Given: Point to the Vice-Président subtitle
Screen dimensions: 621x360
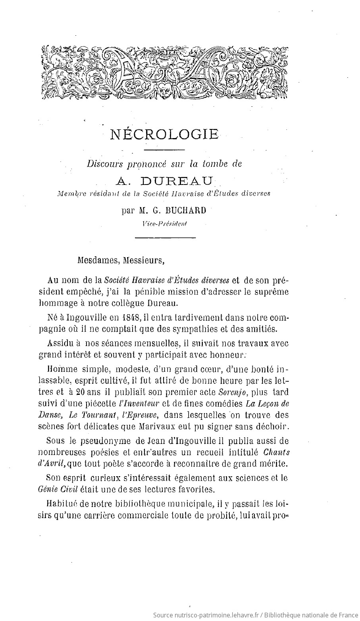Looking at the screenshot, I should [164, 223].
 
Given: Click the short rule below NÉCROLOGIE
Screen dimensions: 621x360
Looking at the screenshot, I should [164, 150].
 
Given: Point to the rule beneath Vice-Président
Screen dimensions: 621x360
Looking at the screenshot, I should [166, 238].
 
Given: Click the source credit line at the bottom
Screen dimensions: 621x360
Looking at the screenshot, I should [255, 615].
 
